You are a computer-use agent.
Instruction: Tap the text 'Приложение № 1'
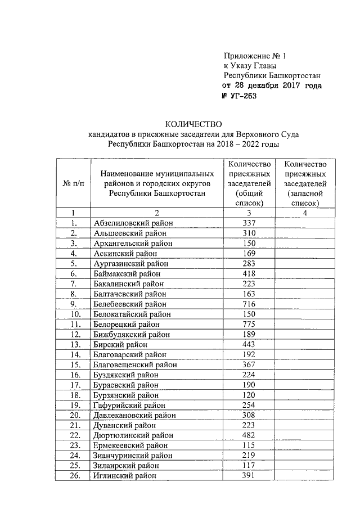point(255,56)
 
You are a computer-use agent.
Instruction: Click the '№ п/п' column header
point(73,183)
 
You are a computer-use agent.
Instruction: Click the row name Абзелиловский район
point(133,223)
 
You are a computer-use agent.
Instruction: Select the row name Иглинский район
point(124,476)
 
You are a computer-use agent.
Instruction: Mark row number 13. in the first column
point(73,344)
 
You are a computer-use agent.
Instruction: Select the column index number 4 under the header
point(304,213)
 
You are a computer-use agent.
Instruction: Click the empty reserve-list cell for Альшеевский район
point(304,233)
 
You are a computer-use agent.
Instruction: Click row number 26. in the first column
point(73,476)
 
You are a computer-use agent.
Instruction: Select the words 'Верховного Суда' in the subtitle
point(278,134)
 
